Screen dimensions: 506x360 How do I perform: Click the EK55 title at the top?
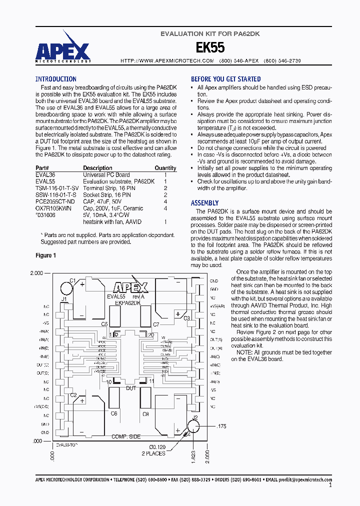[x=209, y=47]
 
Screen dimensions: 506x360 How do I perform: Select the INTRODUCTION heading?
[x=55, y=79]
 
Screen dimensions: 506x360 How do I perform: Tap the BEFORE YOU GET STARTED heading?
[x=225, y=79]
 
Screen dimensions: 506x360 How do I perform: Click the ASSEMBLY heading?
[x=204, y=203]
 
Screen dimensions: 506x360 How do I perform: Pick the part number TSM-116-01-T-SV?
[x=57, y=188]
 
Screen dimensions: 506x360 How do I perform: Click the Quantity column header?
[x=165, y=168]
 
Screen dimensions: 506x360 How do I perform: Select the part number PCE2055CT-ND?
[x=55, y=201]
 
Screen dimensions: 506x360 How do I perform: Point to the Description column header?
[x=97, y=168]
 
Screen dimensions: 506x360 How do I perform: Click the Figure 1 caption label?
[x=46, y=255]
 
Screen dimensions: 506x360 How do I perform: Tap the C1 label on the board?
[x=72, y=280]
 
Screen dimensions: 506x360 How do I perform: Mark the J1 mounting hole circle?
[x=67, y=288]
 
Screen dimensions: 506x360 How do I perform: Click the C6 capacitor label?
[x=113, y=413]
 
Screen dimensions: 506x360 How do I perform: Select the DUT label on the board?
[x=130, y=388]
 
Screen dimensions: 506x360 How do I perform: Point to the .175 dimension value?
[x=221, y=426]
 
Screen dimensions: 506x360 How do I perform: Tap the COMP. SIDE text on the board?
[x=126, y=436]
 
